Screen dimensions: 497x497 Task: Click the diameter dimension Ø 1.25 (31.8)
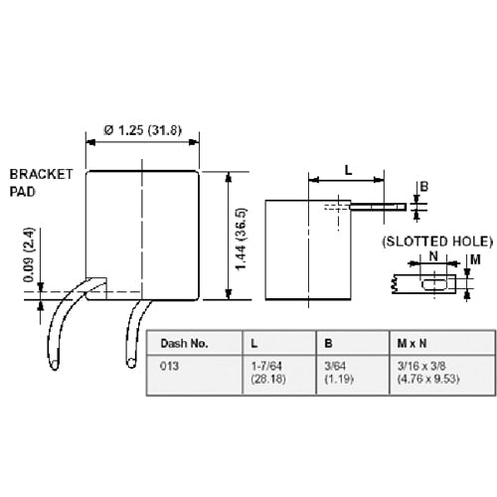pos(143,128)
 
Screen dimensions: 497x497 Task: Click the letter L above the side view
pos(348,170)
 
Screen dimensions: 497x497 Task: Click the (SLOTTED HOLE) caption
pos(435,242)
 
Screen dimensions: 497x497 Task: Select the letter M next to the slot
pos(474,260)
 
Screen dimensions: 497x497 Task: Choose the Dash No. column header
pos(185,343)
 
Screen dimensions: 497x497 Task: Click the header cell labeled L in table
pos(255,343)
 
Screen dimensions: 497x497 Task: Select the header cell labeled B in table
pos(329,343)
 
